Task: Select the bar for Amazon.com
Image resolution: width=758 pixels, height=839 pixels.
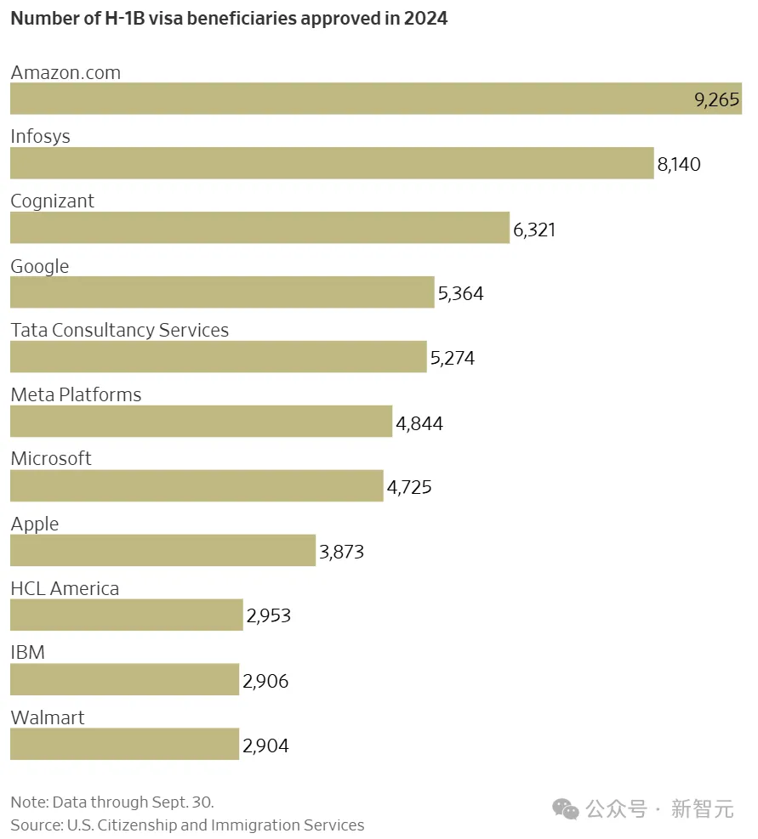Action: tap(374, 99)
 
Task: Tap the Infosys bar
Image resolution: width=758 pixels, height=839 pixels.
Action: tap(332, 163)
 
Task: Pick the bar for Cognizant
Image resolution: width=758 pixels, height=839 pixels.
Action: tap(259, 228)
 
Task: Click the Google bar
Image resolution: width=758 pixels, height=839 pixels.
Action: tap(222, 292)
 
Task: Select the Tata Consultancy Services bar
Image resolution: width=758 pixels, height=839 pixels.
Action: tap(218, 357)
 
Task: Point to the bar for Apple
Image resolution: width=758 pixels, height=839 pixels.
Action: tap(162, 551)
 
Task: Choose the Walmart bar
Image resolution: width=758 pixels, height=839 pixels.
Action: tap(124, 745)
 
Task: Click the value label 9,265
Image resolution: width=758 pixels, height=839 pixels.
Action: tap(717, 100)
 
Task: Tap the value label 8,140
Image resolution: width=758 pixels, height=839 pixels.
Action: tap(679, 165)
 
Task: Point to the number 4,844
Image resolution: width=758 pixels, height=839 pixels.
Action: tap(419, 423)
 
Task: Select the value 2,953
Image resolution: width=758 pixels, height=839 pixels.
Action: tap(269, 616)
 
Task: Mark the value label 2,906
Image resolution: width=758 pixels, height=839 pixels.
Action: tap(265, 681)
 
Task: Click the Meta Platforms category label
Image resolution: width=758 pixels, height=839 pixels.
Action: tap(76, 394)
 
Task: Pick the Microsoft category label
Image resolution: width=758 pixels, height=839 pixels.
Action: tap(51, 459)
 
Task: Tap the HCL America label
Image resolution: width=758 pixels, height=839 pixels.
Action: tap(65, 588)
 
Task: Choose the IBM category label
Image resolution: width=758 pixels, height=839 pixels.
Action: tap(28, 653)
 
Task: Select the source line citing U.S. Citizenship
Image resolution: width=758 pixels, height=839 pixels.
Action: tap(187, 825)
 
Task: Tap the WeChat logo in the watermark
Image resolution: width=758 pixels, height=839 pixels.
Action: tap(566, 809)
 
